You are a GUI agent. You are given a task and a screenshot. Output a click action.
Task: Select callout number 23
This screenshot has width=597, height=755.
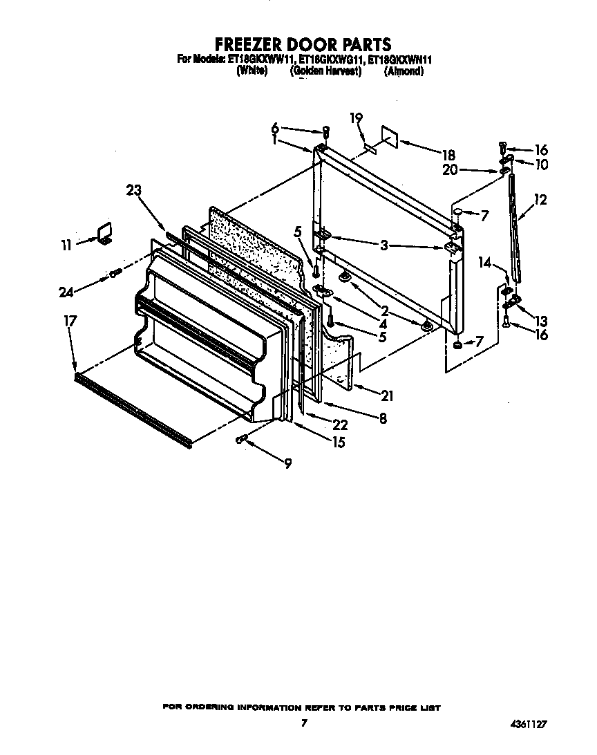coord(135,192)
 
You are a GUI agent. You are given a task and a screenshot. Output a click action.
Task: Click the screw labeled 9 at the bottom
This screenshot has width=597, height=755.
coord(242,438)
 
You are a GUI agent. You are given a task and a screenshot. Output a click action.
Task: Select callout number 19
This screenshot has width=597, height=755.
coord(356,118)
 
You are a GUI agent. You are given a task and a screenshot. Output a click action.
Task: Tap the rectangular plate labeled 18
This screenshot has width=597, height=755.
coord(388,138)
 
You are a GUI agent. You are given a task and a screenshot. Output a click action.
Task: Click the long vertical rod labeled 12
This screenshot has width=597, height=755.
coord(514,228)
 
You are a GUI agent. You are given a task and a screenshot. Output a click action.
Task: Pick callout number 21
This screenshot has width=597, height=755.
coord(387,395)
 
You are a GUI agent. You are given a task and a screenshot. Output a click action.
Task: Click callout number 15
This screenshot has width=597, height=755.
coord(338,442)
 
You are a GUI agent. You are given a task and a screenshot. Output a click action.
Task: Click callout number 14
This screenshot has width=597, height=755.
coord(484,263)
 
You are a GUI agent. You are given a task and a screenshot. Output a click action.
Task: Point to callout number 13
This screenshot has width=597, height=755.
coord(540,321)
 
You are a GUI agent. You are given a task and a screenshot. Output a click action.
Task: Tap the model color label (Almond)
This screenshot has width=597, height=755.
coord(404,71)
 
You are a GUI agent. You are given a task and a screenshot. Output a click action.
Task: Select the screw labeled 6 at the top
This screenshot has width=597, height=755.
coord(327,131)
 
